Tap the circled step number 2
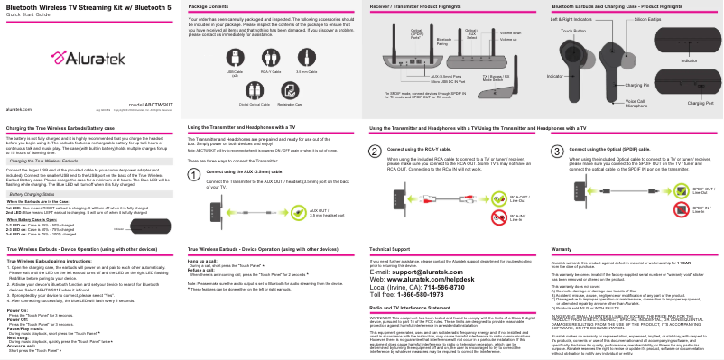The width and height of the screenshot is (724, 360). click(x=376, y=151)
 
